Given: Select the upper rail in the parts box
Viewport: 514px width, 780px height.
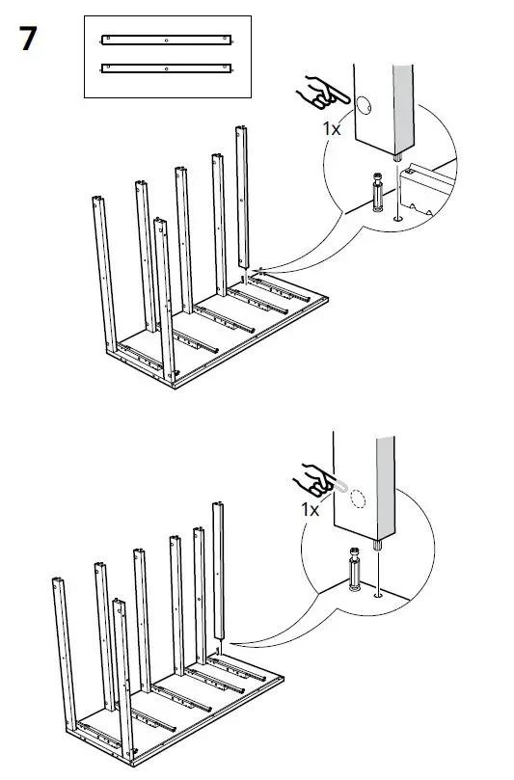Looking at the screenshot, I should point(167,40).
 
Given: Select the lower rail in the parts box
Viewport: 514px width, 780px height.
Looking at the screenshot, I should point(167,69).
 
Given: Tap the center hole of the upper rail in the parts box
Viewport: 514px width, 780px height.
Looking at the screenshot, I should point(167,40).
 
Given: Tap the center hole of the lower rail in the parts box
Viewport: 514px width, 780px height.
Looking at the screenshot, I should point(167,69).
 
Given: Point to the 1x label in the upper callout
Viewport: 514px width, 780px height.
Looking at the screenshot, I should point(332,126).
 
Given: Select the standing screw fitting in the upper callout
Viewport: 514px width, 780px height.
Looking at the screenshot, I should point(375,193).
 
